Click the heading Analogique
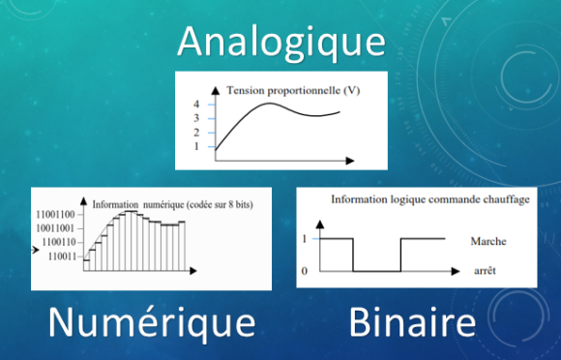(280, 42)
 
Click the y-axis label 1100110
(59, 241)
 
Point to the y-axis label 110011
(61, 256)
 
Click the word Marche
(485, 241)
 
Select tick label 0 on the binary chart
(305, 271)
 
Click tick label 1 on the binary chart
(305, 238)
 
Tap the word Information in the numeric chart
(116, 205)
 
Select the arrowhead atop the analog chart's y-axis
(214, 89)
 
